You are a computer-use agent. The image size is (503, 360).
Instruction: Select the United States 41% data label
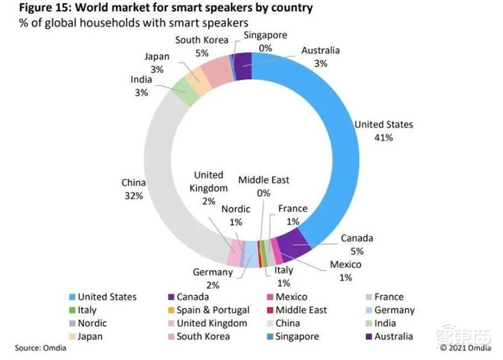[x=384, y=131]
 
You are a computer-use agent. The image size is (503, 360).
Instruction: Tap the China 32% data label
[x=133, y=189]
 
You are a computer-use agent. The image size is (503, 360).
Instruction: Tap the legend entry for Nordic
[x=92, y=323]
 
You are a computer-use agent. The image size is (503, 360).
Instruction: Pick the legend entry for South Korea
[x=202, y=336]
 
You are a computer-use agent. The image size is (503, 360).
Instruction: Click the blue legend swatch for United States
[x=72, y=297]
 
